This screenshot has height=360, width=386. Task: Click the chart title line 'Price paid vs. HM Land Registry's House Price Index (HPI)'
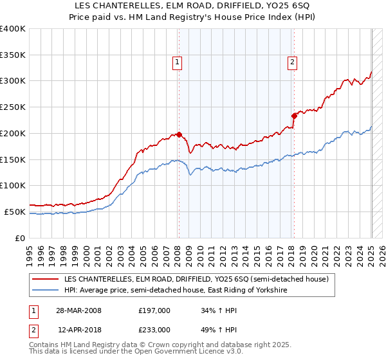click(193, 17)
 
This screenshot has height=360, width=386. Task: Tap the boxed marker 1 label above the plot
click(177, 62)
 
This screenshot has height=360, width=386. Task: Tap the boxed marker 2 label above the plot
click(292, 62)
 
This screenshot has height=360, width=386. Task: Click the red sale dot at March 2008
click(179, 135)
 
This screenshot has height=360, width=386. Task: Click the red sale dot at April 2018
click(294, 116)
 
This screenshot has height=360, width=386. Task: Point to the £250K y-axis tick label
click(13, 107)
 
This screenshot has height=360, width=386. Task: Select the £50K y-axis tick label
click(15, 212)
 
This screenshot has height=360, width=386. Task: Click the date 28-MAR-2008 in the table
click(78, 310)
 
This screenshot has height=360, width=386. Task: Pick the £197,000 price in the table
click(154, 310)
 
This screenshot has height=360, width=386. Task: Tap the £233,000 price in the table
click(154, 329)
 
